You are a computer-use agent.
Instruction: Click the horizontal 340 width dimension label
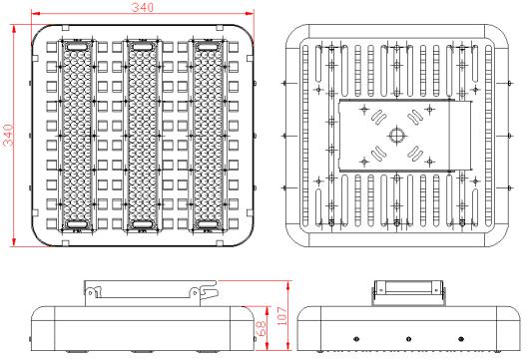(142, 7)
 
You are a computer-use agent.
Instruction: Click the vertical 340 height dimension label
(8, 136)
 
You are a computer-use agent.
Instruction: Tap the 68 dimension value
(261, 328)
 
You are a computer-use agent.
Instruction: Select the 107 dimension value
(281, 316)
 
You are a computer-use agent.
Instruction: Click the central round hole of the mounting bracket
(397, 136)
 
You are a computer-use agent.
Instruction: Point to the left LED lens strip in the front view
(77, 136)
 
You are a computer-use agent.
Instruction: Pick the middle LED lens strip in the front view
(142, 136)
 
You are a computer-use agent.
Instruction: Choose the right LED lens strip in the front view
(208, 136)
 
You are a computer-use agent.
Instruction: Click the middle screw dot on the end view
(408, 339)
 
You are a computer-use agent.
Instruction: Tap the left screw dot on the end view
(356, 339)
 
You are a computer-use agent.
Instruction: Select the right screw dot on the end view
(461, 339)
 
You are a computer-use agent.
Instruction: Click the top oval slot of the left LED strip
(77, 47)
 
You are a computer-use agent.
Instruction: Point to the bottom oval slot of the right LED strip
(208, 224)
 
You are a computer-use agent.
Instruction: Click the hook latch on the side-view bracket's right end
(209, 291)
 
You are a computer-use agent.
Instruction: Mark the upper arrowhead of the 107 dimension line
(288, 285)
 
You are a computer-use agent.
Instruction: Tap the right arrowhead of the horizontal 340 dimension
(250, 13)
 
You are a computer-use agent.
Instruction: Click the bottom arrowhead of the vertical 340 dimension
(14, 241)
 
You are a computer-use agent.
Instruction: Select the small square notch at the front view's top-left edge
(66, 28)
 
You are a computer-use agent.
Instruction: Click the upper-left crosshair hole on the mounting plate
(364, 109)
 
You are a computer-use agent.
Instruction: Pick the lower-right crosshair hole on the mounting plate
(430, 162)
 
